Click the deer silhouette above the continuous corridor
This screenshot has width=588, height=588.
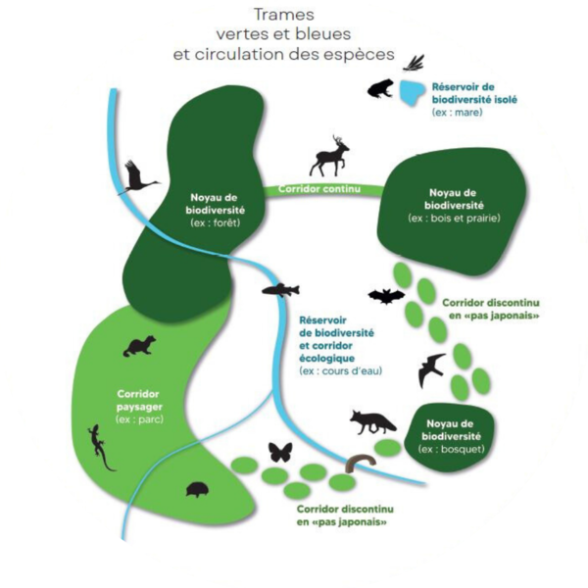click(x=331, y=155)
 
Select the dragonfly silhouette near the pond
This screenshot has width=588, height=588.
click(x=416, y=63)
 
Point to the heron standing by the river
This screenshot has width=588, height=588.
click(x=138, y=178)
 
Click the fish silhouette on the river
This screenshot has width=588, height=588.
click(x=281, y=289)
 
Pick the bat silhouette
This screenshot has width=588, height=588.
click(x=386, y=295)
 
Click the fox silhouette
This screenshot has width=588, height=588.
click(x=373, y=422)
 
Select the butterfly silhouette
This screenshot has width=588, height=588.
click(x=280, y=453)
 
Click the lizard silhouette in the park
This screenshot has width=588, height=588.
click(x=101, y=446)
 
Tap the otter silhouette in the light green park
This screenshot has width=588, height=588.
click(x=139, y=346)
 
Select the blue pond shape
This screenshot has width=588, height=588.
click(x=412, y=92)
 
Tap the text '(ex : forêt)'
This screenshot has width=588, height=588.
click(x=216, y=222)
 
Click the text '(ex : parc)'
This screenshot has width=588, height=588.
click(x=137, y=419)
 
